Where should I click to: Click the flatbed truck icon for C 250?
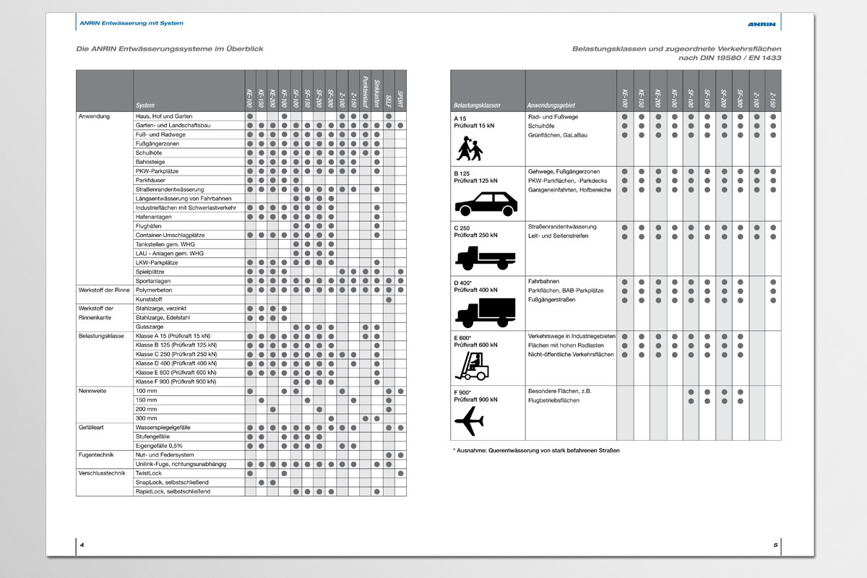(x=485, y=257)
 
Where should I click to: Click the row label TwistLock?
(x=149, y=473)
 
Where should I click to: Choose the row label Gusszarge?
(x=150, y=327)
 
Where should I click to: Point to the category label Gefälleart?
(x=92, y=428)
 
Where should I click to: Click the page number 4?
(x=82, y=545)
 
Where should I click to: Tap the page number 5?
(x=775, y=545)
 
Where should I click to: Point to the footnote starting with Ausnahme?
(x=536, y=451)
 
